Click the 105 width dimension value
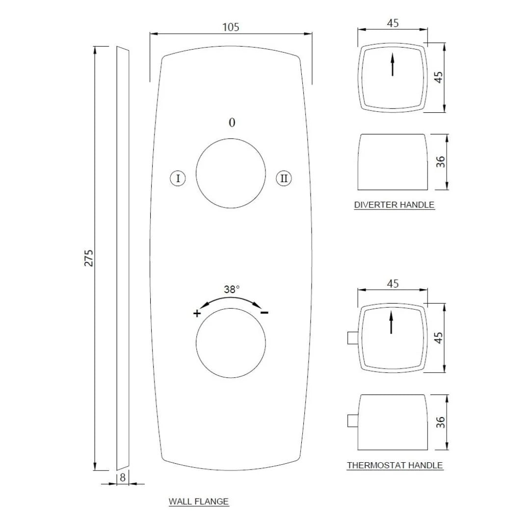click(x=231, y=27)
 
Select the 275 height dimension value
click(x=89, y=258)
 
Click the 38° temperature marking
click(x=232, y=290)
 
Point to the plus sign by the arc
click(x=197, y=314)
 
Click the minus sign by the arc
click(x=264, y=313)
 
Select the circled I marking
click(x=178, y=178)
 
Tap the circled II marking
click(x=284, y=178)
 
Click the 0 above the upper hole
click(x=232, y=123)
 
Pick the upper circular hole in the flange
click(x=231, y=173)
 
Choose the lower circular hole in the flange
click(x=231, y=343)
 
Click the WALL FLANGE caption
click(x=199, y=502)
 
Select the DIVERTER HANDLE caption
click(x=394, y=205)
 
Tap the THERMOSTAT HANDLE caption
click(x=395, y=465)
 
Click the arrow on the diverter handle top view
click(x=393, y=65)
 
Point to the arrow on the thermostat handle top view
click(x=391, y=322)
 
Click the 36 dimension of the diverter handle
click(x=440, y=161)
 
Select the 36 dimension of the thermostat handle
click(x=440, y=422)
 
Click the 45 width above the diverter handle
click(x=393, y=23)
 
